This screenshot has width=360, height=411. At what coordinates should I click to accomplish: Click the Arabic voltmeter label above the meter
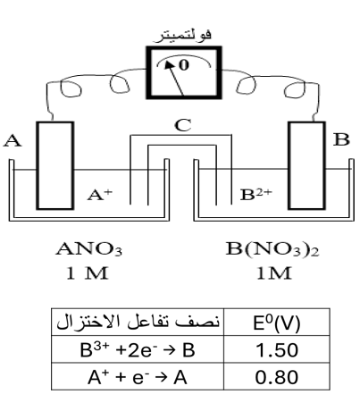coord(182,36)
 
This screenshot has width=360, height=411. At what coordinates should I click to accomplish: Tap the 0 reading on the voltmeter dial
coord(184,65)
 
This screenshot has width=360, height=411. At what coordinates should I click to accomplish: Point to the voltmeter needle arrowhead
coord(169,64)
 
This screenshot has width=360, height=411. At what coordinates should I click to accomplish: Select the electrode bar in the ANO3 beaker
coord(55,165)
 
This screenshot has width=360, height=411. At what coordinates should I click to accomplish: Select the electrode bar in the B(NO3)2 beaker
coord(306,165)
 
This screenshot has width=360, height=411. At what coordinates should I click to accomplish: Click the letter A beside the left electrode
coord(13,140)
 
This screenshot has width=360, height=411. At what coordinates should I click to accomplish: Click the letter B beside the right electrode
coord(341,139)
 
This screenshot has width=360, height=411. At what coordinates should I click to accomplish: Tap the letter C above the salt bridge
coord(183,125)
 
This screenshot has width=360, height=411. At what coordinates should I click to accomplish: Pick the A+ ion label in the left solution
coord(100,195)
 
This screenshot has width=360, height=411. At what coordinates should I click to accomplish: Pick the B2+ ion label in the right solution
coord(256,195)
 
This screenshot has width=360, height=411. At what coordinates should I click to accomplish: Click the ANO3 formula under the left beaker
coord(89,249)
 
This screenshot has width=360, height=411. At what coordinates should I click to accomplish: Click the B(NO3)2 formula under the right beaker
coord(272,249)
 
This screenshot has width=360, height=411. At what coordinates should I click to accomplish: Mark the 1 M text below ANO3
coord(87,273)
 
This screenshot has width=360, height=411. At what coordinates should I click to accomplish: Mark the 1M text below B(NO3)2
coord(274,273)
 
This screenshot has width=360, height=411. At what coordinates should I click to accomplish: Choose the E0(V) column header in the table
coord(277,323)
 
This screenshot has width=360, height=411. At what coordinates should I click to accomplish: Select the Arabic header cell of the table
coord(138,323)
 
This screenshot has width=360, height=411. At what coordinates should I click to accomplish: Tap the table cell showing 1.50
coord(277,349)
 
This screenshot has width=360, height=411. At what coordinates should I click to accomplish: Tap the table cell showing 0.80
coord(277,376)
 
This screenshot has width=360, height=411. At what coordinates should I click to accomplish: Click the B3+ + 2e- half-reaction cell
coord(138,349)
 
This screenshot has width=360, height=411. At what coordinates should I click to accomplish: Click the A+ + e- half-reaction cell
coord(138,376)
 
